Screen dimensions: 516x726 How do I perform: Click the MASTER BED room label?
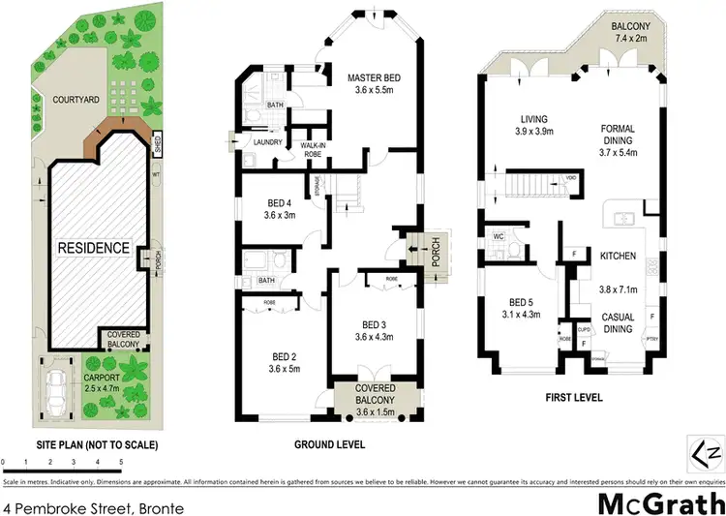pyautogui.click(x=374, y=77)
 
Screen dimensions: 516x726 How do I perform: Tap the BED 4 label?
pyautogui.click(x=284, y=203)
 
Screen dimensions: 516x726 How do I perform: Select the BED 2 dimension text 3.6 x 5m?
pyautogui.click(x=287, y=368)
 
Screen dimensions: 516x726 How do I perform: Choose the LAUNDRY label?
pyautogui.click(x=267, y=142)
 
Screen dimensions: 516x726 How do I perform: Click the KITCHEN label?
pyautogui.click(x=618, y=256)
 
